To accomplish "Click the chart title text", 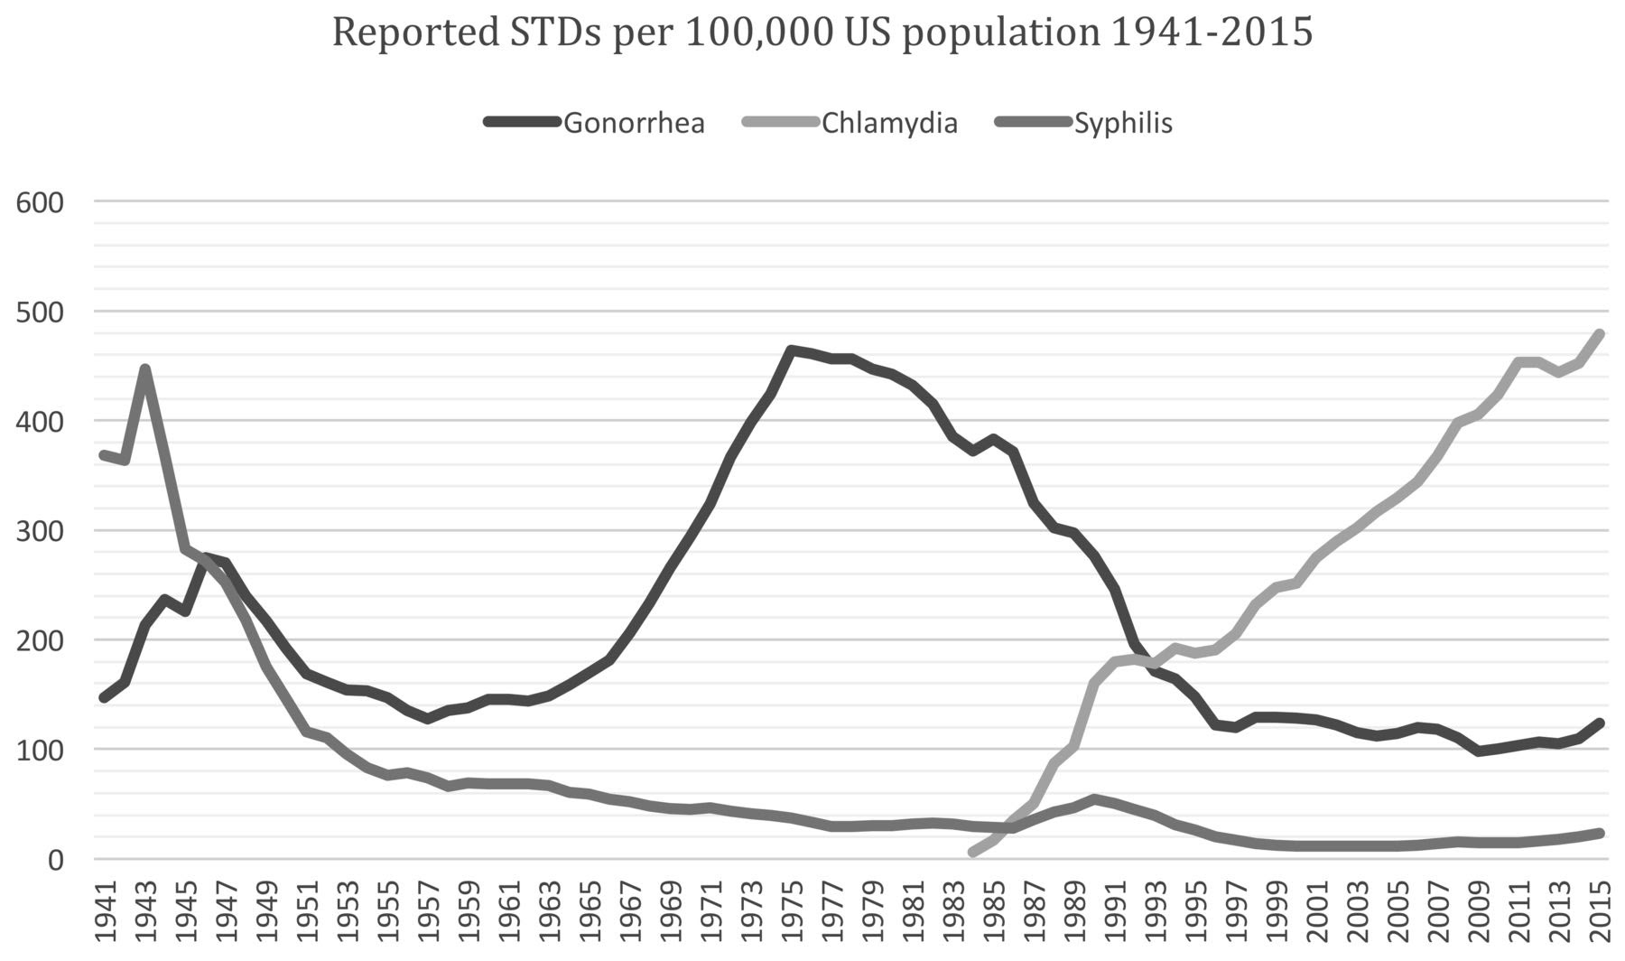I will (x=822, y=33).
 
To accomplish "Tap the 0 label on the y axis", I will (x=54, y=860).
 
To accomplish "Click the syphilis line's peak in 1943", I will (x=144, y=369).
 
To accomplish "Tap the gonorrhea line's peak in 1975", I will (x=791, y=350).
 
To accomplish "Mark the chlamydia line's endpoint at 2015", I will (x=1601, y=333).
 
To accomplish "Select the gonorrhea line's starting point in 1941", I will (x=104, y=698).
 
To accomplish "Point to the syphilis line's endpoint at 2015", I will (x=1601, y=833).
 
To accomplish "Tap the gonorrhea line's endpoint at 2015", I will (x=1601, y=723).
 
